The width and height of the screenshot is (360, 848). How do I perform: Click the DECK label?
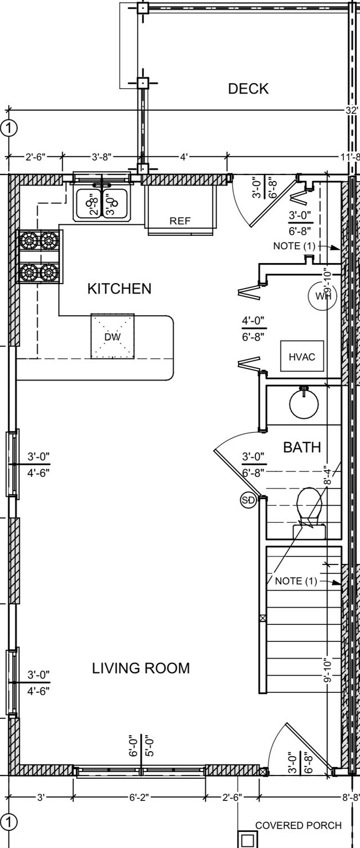point(248,89)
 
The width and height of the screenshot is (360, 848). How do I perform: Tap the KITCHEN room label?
point(119,289)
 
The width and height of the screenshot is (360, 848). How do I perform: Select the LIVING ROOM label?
point(141,668)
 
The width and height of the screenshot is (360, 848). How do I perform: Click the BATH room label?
point(302,447)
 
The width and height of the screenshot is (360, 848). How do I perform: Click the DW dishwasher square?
point(112,336)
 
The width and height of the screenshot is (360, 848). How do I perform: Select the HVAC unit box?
point(301,357)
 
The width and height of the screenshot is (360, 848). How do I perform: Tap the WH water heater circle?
point(322,296)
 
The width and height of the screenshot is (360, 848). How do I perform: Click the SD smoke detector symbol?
point(248,501)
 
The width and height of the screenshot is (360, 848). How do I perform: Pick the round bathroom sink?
point(304,404)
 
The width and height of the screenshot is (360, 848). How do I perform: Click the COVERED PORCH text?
point(298,825)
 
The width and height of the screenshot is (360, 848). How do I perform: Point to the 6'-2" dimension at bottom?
point(138,798)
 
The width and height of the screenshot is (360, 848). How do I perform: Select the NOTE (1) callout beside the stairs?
point(296,581)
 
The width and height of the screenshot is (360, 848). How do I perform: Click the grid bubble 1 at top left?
point(9,129)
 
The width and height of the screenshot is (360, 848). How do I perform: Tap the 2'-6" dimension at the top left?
point(37,157)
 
